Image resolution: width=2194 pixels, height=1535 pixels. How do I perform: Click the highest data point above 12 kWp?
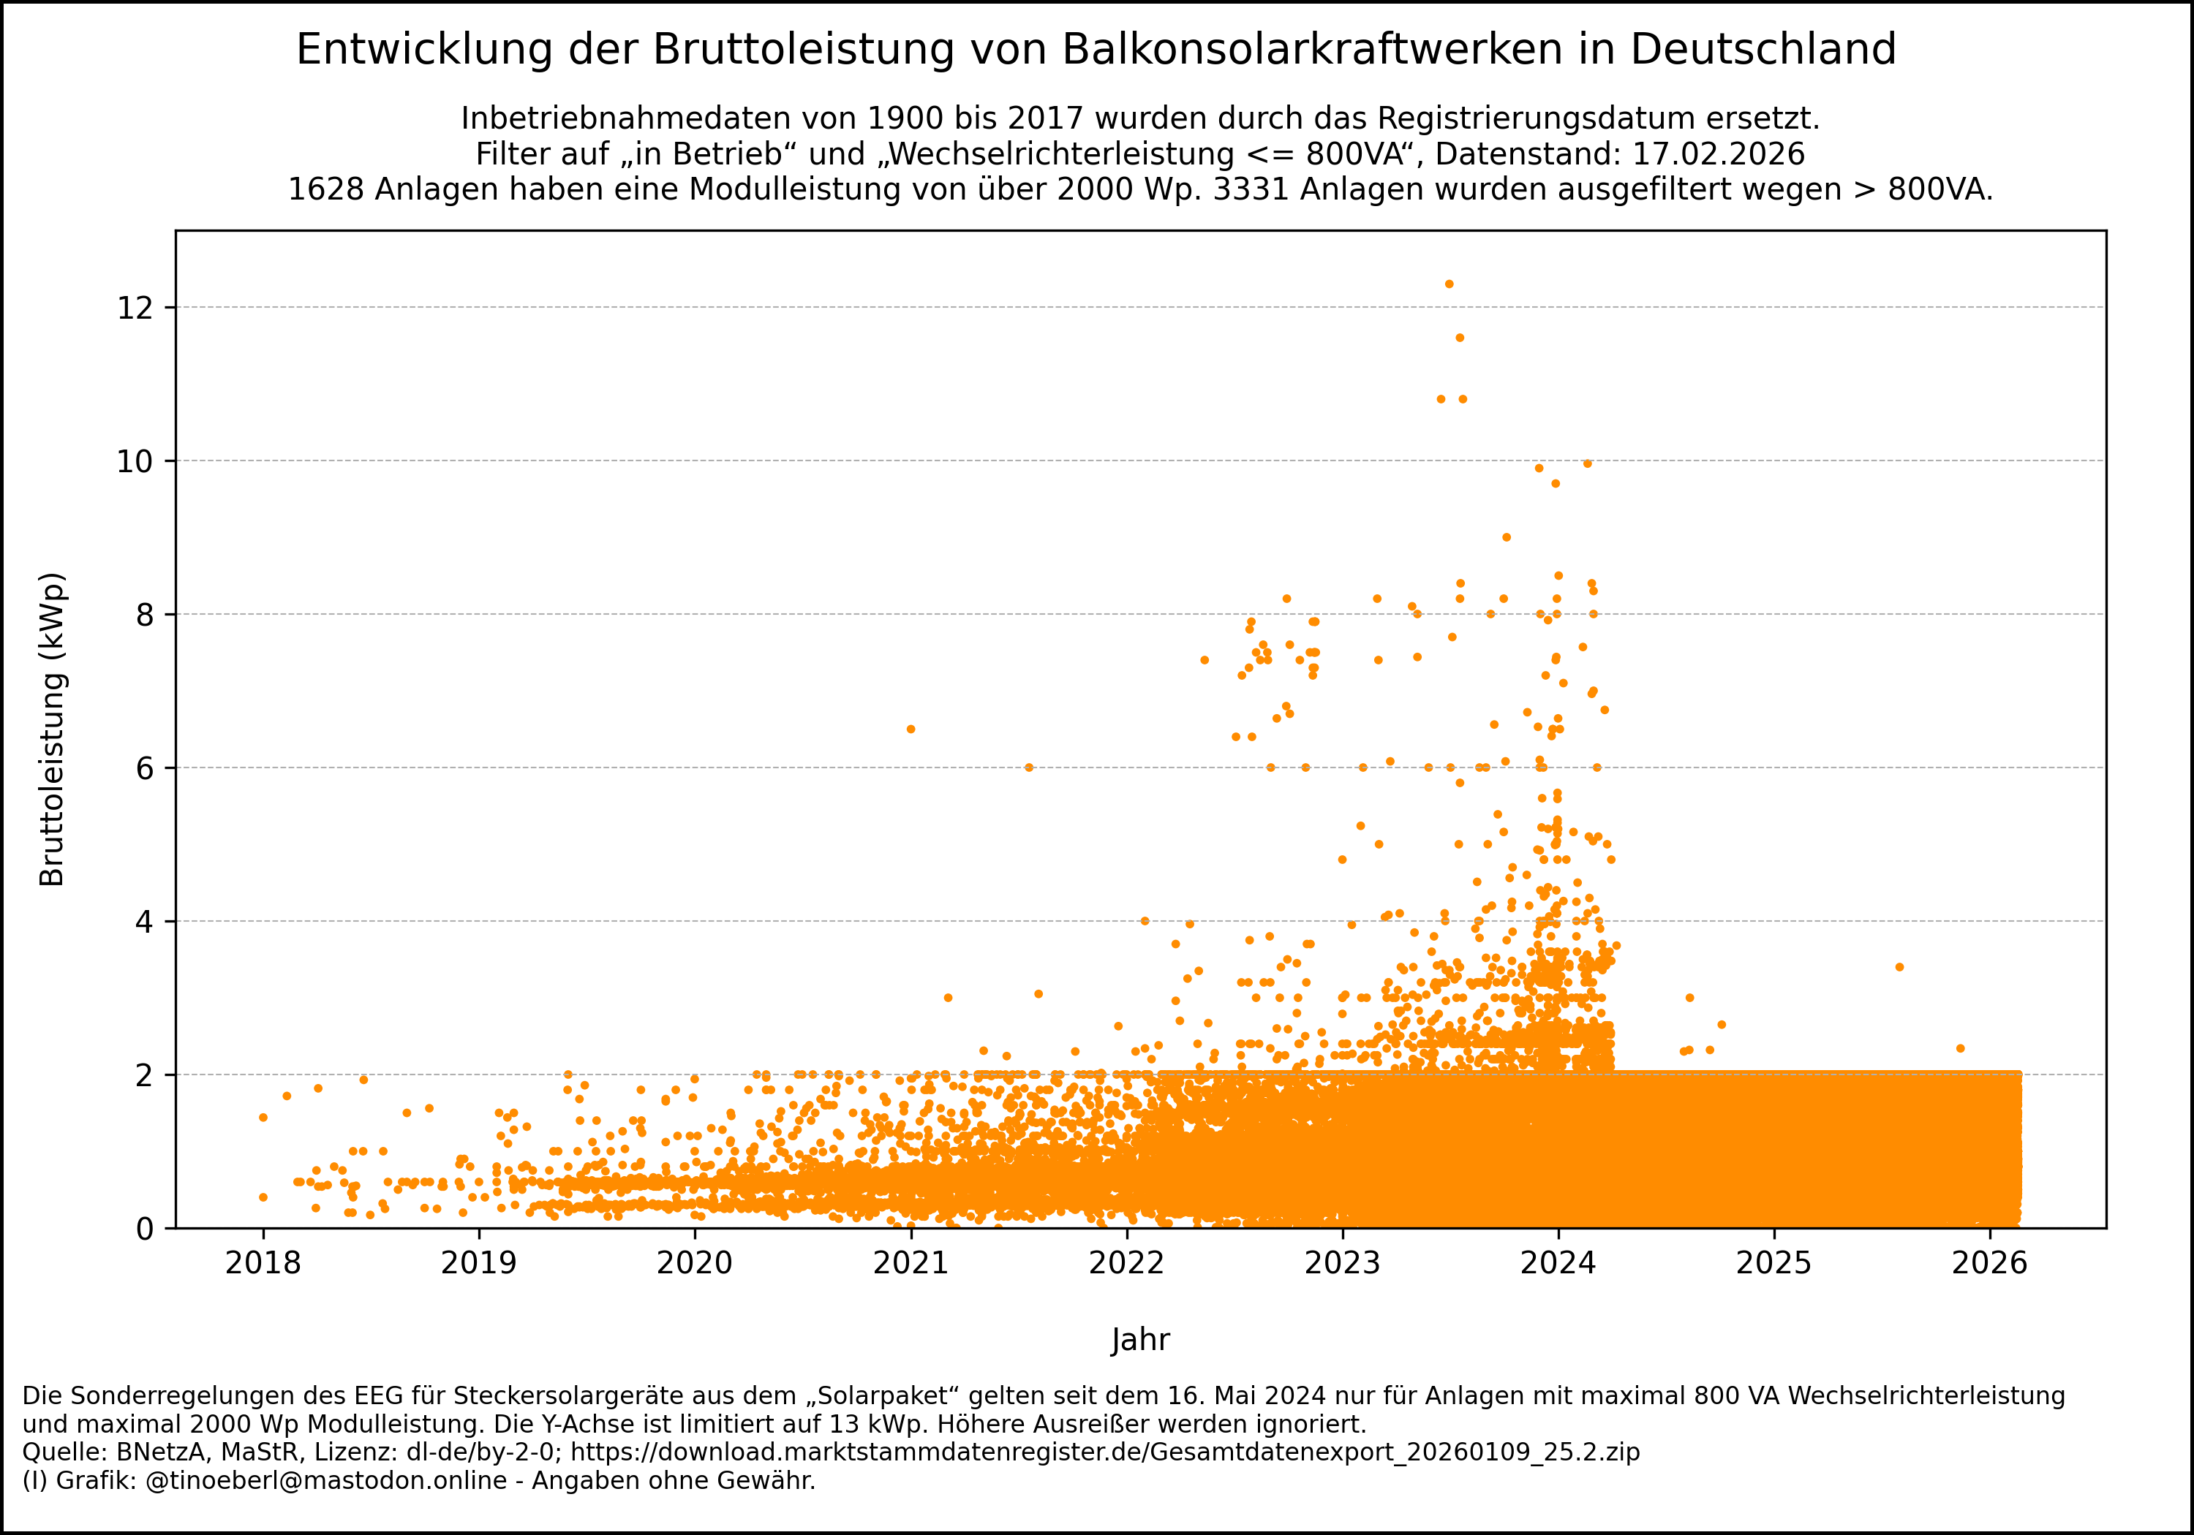click(x=1449, y=284)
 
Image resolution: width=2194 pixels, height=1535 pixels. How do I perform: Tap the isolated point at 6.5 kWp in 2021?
click(x=911, y=729)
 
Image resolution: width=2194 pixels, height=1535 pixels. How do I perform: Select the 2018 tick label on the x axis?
click(x=263, y=1264)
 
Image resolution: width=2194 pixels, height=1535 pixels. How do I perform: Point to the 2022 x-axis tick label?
click(x=1127, y=1264)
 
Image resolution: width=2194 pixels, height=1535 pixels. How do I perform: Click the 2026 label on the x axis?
click(x=1989, y=1264)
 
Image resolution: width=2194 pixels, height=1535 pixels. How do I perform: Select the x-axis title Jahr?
click(x=1140, y=1340)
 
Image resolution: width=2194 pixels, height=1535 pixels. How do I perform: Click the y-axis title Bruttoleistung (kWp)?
click(x=53, y=729)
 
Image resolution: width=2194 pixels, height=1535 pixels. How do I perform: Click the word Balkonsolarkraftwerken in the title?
click(x=1312, y=50)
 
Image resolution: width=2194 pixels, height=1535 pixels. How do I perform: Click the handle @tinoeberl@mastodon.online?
click(x=326, y=1481)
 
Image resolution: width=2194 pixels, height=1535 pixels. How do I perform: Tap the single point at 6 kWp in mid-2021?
click(x=1029, y=767)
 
